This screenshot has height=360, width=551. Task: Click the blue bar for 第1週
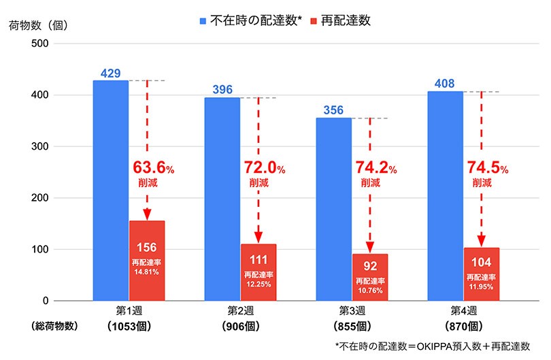110,191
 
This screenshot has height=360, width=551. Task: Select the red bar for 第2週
258,272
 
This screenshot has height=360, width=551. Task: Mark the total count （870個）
482,325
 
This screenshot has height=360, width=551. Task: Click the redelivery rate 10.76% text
370,285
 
